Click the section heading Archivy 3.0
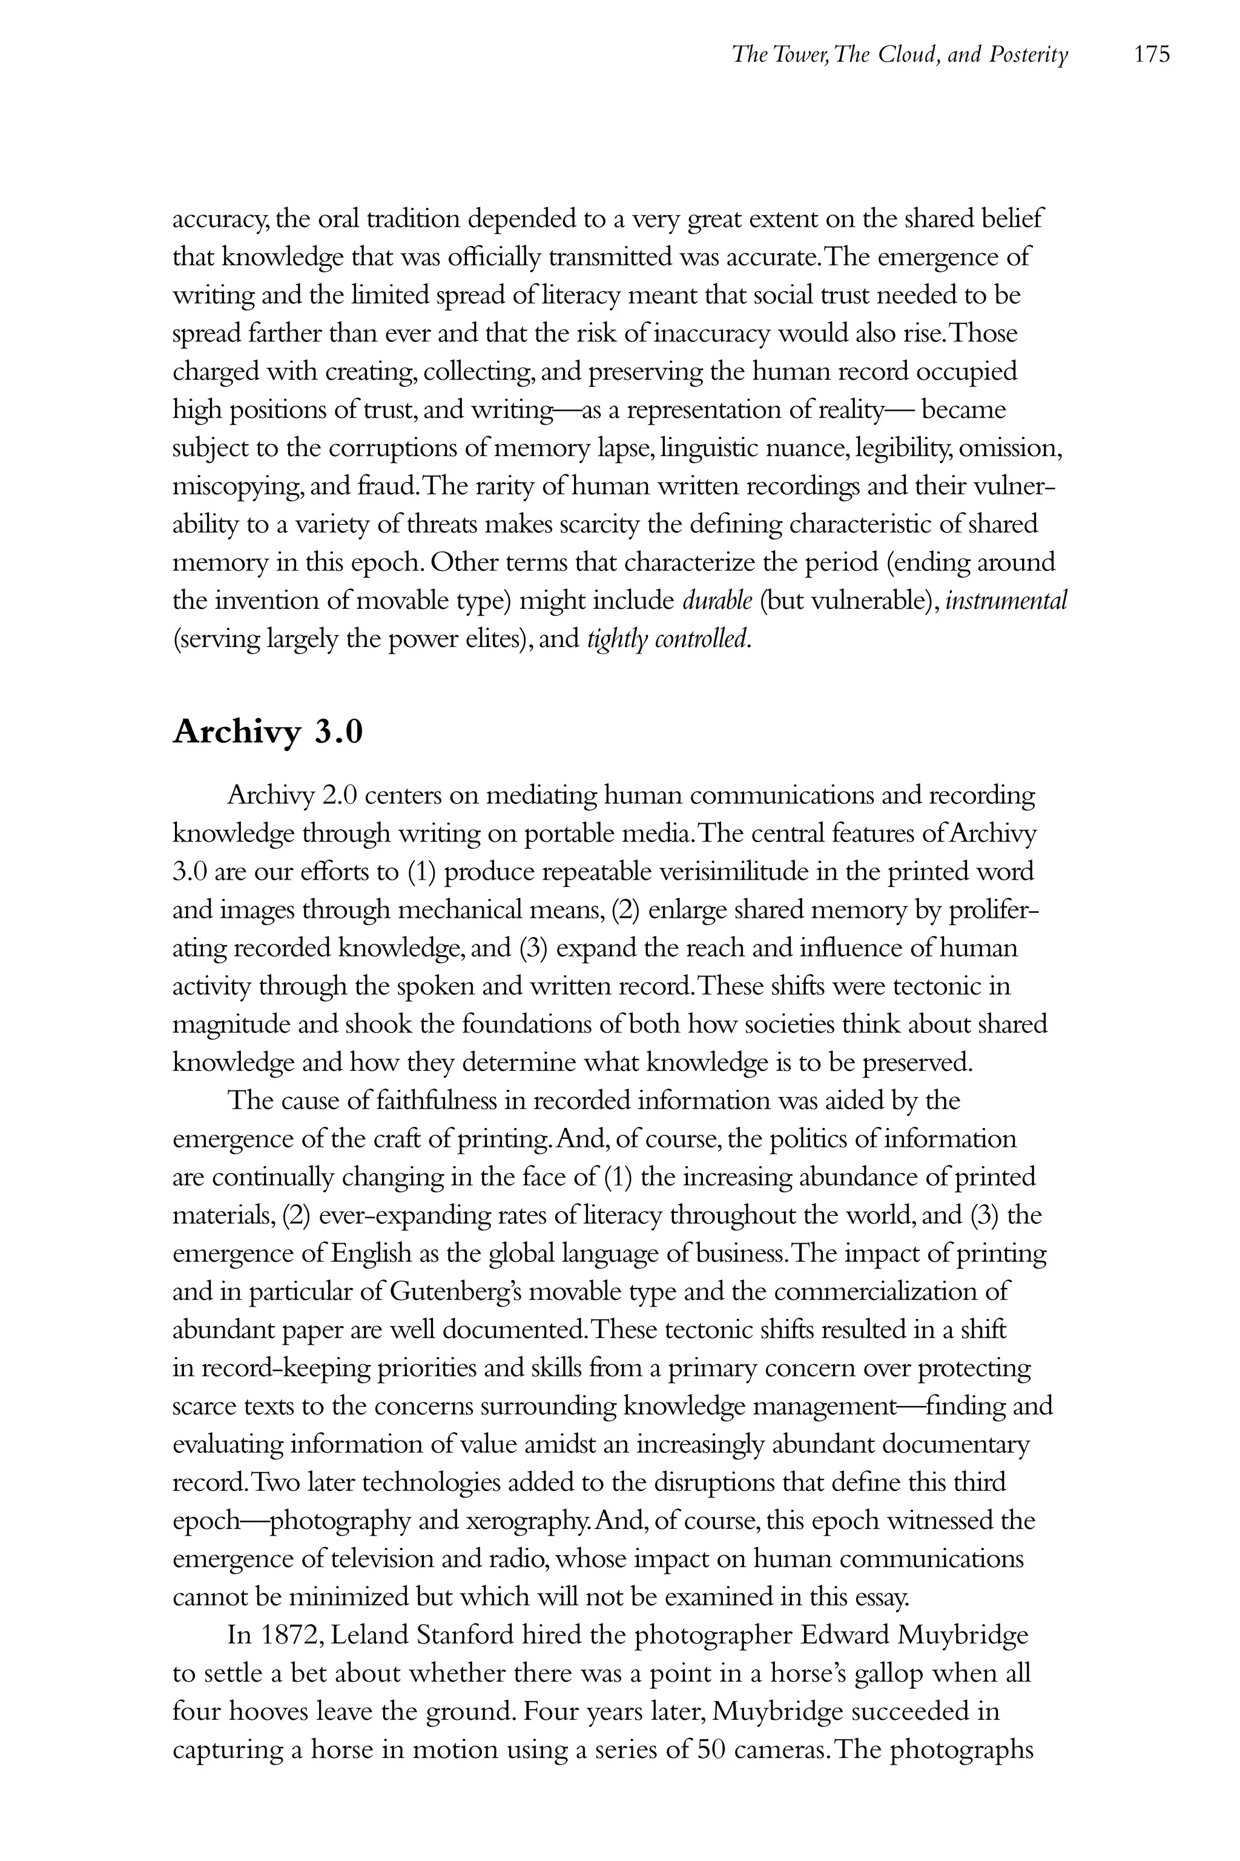[267, 732]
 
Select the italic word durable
[717, 602]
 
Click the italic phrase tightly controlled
[669, 639]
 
